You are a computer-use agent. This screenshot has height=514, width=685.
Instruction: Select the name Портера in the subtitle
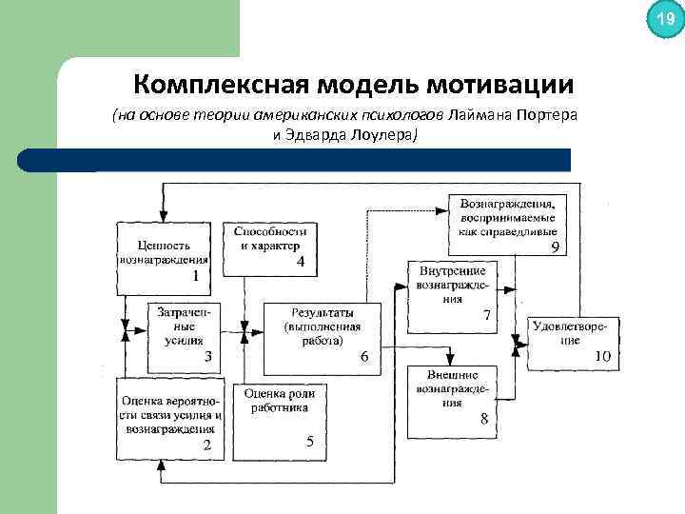point(549,116)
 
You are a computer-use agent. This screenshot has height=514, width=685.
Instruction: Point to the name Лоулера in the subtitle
point(380,135)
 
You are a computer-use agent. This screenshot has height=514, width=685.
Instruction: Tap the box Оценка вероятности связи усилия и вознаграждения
point(173,417)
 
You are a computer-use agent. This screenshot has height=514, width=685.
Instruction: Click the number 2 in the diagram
point(206,445)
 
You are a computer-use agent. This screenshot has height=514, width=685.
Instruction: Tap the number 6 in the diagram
point(363,357)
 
